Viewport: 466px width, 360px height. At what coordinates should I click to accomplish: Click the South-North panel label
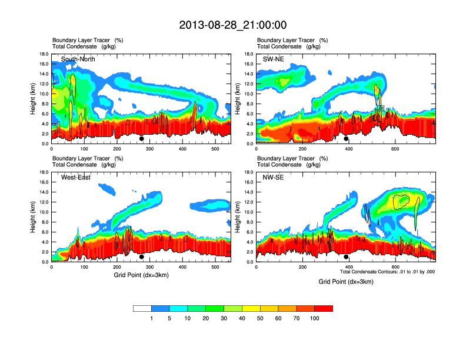coord(78,59)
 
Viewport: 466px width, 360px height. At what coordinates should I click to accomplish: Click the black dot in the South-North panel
coord(141,139)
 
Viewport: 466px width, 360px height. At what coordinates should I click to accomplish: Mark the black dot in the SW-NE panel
coord(346,139)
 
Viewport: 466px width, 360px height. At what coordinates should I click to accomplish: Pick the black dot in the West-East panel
coord(141,257)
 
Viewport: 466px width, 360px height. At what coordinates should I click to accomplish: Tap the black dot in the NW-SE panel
coord(346,257)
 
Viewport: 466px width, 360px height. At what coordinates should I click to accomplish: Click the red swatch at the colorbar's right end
coord(324,308)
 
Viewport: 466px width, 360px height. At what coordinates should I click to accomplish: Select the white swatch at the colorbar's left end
coord(142,308)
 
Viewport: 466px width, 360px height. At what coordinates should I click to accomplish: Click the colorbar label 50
coord(260,318)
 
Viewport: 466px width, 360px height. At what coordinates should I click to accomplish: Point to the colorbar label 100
coord(315,318)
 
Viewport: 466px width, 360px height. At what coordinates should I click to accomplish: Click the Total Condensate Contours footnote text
coord(387,272)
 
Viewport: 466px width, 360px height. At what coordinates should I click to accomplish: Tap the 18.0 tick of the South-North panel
coord(44,54)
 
